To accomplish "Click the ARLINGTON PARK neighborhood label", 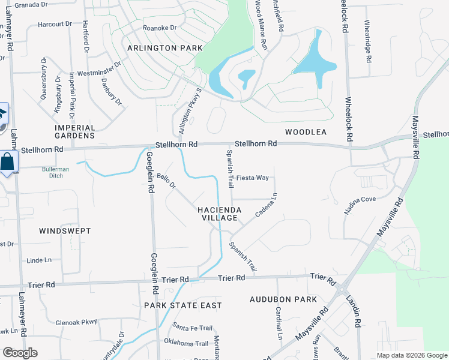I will click(x=160, y=47).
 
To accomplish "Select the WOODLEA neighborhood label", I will click(x=306, y=132).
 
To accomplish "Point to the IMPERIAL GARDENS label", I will click(x=75, y=131).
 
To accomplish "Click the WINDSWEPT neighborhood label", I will click(x=65, y=230).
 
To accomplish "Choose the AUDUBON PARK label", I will click(x=283, y=299).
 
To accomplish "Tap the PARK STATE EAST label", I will click(x=183, y=305).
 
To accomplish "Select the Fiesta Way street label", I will click(x=252, y=178).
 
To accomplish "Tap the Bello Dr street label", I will click(x=166, y=181).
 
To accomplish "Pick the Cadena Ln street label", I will click(x=267, y=206).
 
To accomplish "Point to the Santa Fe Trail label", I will click(x=193, y=328).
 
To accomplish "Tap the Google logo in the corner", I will click(x=20, y=353).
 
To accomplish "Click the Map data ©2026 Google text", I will click(x=412, y=355).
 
